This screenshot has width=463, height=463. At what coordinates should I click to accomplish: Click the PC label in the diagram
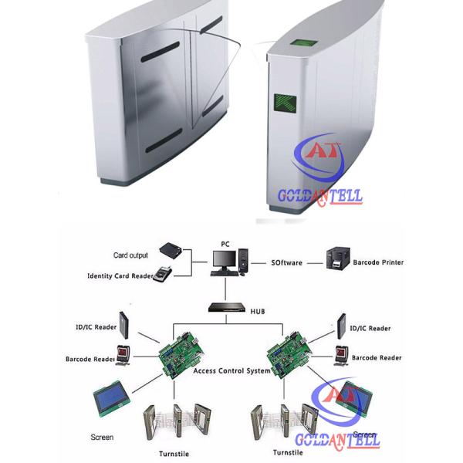point(225,244)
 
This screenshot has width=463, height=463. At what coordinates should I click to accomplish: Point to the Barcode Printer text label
point(378,262)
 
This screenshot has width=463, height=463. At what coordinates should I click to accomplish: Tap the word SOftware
point(288,262)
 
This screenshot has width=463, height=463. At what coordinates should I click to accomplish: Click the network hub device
point(225,307)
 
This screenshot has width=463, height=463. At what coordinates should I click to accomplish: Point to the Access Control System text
point(231,371)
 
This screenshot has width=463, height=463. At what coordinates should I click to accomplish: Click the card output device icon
point(172,250)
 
